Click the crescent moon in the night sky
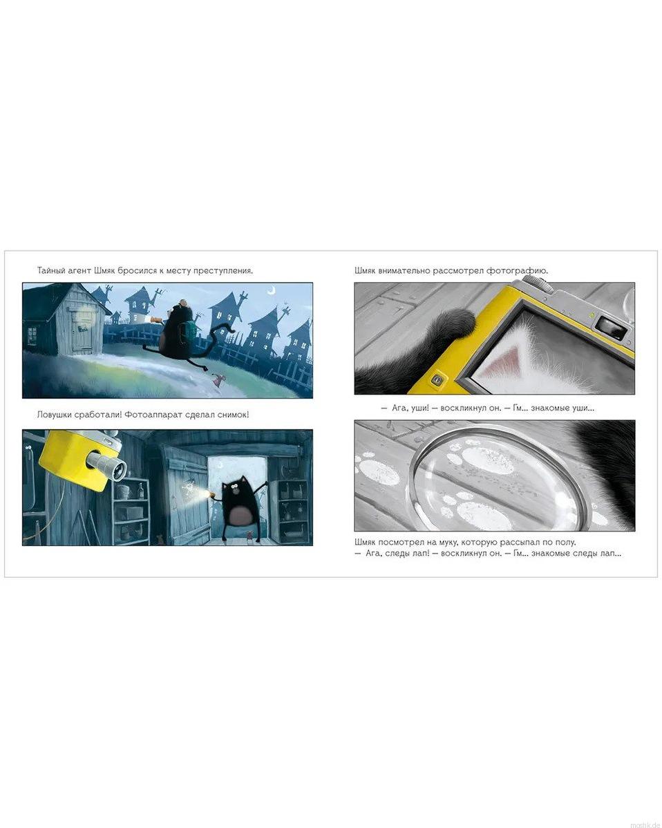(272, 290)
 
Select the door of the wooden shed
(82, 335)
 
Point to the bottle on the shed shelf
(140, 491)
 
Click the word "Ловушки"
(55, 415)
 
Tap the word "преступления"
(223, 271)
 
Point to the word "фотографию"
(517, 271)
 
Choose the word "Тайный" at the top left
(51, 270)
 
